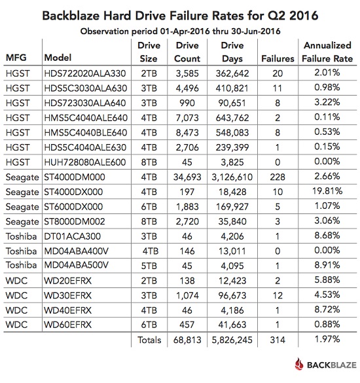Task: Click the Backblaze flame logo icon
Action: [x=299, y=365]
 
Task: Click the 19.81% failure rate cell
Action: [x=327, y=191]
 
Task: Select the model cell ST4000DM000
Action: [x=75, y=177]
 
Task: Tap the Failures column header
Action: [x=278, y=59]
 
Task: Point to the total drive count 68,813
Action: [x=187, y=340]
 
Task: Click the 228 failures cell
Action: [x=278, y=177]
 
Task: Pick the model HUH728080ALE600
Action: [x=85, y=162]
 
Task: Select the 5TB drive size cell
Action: [x=149, y=266]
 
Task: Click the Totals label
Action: [x=149, y=340]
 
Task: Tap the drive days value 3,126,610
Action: [x=232, y=177]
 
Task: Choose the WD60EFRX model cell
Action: [x=67, y=325]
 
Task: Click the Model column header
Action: [x=58, y=58]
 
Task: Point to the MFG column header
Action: [x=16, y=58]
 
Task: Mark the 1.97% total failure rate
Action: [x=327, y=339]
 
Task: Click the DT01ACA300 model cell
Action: [x=72, y=236]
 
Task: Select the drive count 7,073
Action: [x=187, y=118]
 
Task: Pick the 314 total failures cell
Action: [x=278, y=340]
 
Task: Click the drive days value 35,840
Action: [x=232, y=221]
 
